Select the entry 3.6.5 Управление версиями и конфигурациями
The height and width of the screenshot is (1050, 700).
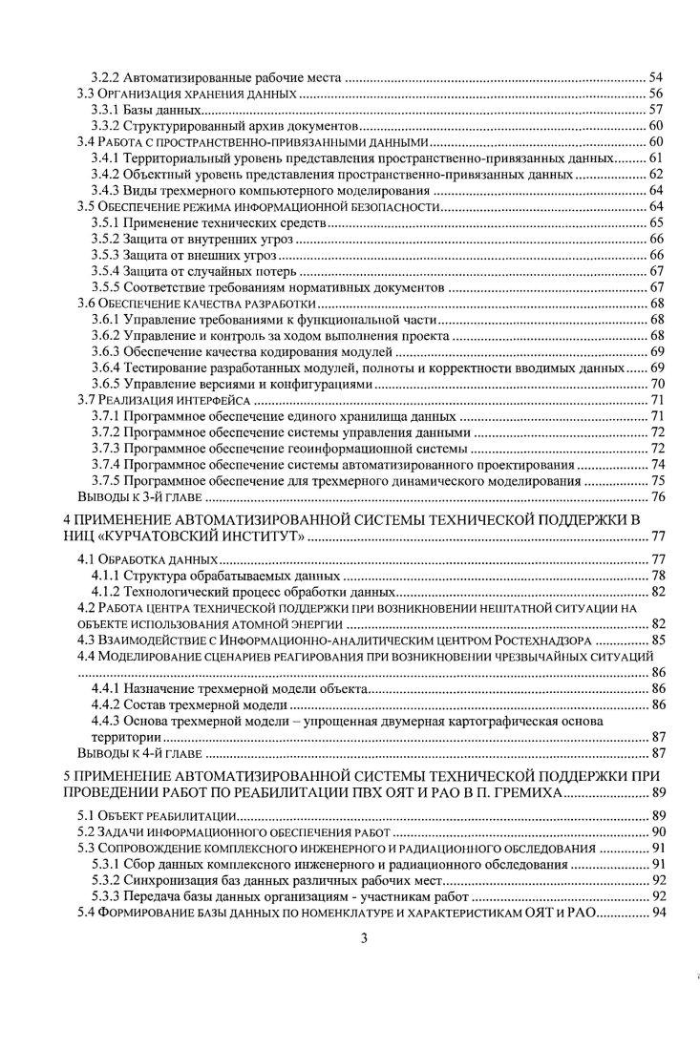tap(230, 384)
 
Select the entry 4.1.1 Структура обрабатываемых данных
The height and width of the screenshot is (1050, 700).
tap(216, 576)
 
